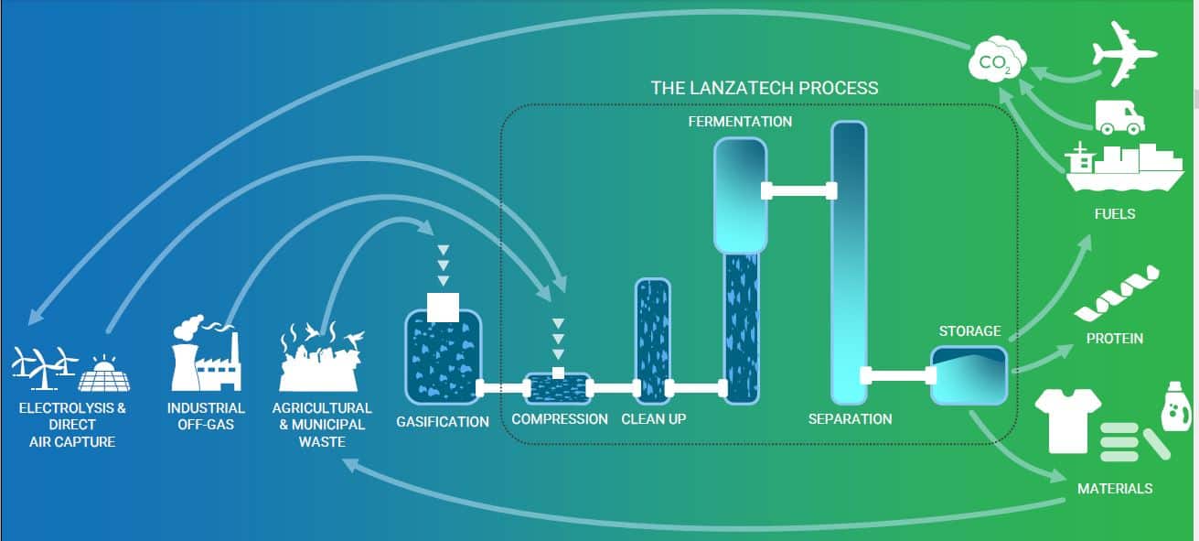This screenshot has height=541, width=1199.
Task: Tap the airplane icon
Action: (x=1124, y=54)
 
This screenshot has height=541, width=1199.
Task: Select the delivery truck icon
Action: (x=1119, y=117)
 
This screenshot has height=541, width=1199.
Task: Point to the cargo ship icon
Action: (x=1124, y=168)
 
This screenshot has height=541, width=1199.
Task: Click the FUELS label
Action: (x=1115, y=213)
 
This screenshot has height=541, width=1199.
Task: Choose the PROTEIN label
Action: (x=1115, y=339)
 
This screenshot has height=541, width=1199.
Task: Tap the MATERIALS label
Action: (x=1115, y=489)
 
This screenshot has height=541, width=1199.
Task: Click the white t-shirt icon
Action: (x=1068, y=420)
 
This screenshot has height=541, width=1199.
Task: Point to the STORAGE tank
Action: (x=969, y=375)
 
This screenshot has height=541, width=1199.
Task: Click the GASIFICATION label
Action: (x=443, y=422)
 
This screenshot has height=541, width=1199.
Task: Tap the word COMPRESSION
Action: (x=560, y=419)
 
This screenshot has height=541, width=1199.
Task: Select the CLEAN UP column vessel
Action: (x=653, y=341)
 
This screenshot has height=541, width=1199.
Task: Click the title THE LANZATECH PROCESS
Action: (x=765, y=88)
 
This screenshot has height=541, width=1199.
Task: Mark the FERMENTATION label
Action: (x=740, y=122)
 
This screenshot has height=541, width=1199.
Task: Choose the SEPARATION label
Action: (x=850, y=419)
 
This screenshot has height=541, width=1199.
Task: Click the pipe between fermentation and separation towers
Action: (x=799, y=190)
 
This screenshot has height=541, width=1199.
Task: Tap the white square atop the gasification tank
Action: (x=443, y=308)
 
